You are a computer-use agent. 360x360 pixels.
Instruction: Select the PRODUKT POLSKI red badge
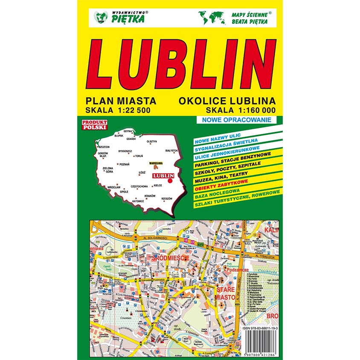(94, 124)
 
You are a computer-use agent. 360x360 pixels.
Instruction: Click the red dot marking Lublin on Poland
(170, 181)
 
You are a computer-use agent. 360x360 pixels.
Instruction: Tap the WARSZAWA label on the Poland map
(156, 163)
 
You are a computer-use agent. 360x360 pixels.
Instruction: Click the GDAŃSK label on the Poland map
(131, 139)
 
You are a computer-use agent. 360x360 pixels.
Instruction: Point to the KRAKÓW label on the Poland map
(150, 196)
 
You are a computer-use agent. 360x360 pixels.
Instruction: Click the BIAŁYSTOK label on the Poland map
(171, 151)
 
